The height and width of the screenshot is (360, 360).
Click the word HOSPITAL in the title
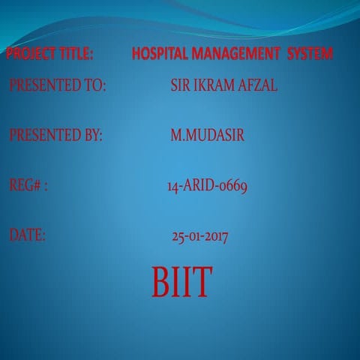click(160, 54)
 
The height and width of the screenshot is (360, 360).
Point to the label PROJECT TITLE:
click(49, 54)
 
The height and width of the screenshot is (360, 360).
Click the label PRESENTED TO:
click(58, 85)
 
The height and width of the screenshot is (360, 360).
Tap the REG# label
click(28, 186)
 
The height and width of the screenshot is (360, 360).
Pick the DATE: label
click(28, 235)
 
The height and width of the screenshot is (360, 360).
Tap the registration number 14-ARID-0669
click(207, 186)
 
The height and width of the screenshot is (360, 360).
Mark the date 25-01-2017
click(200, 237)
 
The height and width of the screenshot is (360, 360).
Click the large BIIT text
click(182, 281)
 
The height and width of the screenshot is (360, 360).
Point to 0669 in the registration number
click(232, 186)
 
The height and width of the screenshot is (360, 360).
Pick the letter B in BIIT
click(161, 281)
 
